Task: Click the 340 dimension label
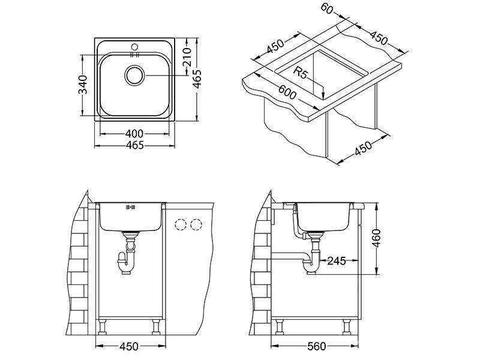83,85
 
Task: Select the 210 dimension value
187,57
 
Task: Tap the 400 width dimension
134,134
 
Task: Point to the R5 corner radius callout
300,73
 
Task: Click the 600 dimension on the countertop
287,91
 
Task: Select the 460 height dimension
376,238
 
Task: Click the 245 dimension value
337,261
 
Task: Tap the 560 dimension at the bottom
317,347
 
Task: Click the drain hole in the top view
134,75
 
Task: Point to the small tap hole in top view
134,47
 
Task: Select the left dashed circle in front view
181,225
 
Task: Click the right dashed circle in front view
196,225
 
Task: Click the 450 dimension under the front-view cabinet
128,347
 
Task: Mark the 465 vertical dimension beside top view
197,79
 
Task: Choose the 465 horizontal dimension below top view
134,145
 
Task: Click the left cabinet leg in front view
102,326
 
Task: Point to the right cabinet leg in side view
347,326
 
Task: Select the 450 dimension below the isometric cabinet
364,148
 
